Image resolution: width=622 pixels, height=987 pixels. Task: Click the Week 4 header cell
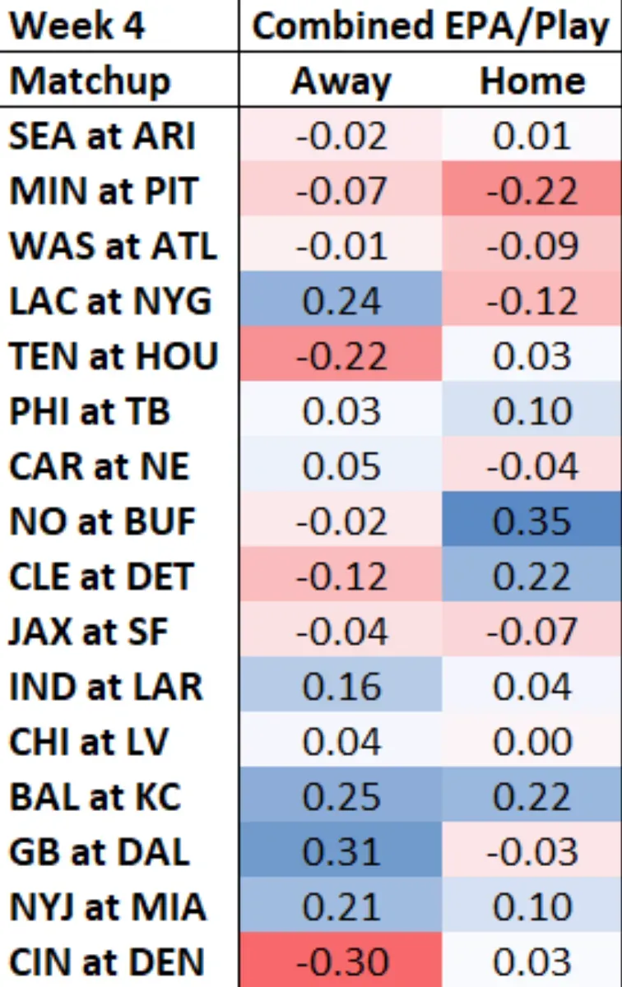[x=78, y=25]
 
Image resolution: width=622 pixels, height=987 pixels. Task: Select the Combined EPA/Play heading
[x=429, y=25]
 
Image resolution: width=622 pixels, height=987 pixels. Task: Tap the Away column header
[x=341, y=81]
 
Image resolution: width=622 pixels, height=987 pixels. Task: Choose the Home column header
[x=531, y=81]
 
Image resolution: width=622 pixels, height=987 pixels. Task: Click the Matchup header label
[x=91, y=81]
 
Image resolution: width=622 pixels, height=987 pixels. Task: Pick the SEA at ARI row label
[x=103, y=136]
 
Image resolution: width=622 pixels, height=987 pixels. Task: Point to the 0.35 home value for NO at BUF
[x=531, y=521]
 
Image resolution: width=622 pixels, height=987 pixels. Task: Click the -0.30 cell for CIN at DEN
[x=341, y=962]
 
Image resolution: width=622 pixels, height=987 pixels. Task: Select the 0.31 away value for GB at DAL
[x=341, y=851]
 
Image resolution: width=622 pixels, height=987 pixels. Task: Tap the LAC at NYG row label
[x=110, y=301]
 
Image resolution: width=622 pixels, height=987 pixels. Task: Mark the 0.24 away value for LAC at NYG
[x=341, y=301]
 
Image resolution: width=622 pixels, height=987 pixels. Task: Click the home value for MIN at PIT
[x=531, y=191]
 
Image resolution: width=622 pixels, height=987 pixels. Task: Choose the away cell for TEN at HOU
[x=341, y=356]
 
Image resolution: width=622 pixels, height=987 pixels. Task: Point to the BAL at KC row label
[x=95, y=796]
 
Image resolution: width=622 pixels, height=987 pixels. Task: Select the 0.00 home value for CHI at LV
[x=531, y=741]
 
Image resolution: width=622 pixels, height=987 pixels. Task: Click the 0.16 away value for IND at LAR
[x=341, y=686]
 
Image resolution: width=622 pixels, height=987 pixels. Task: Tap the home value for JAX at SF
[x=531, y=631]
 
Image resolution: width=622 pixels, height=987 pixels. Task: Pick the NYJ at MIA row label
[x=108, y=906]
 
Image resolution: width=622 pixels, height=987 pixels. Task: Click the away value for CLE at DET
[x=341, y=576]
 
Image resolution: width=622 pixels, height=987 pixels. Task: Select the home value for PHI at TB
[x=531, y=411]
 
